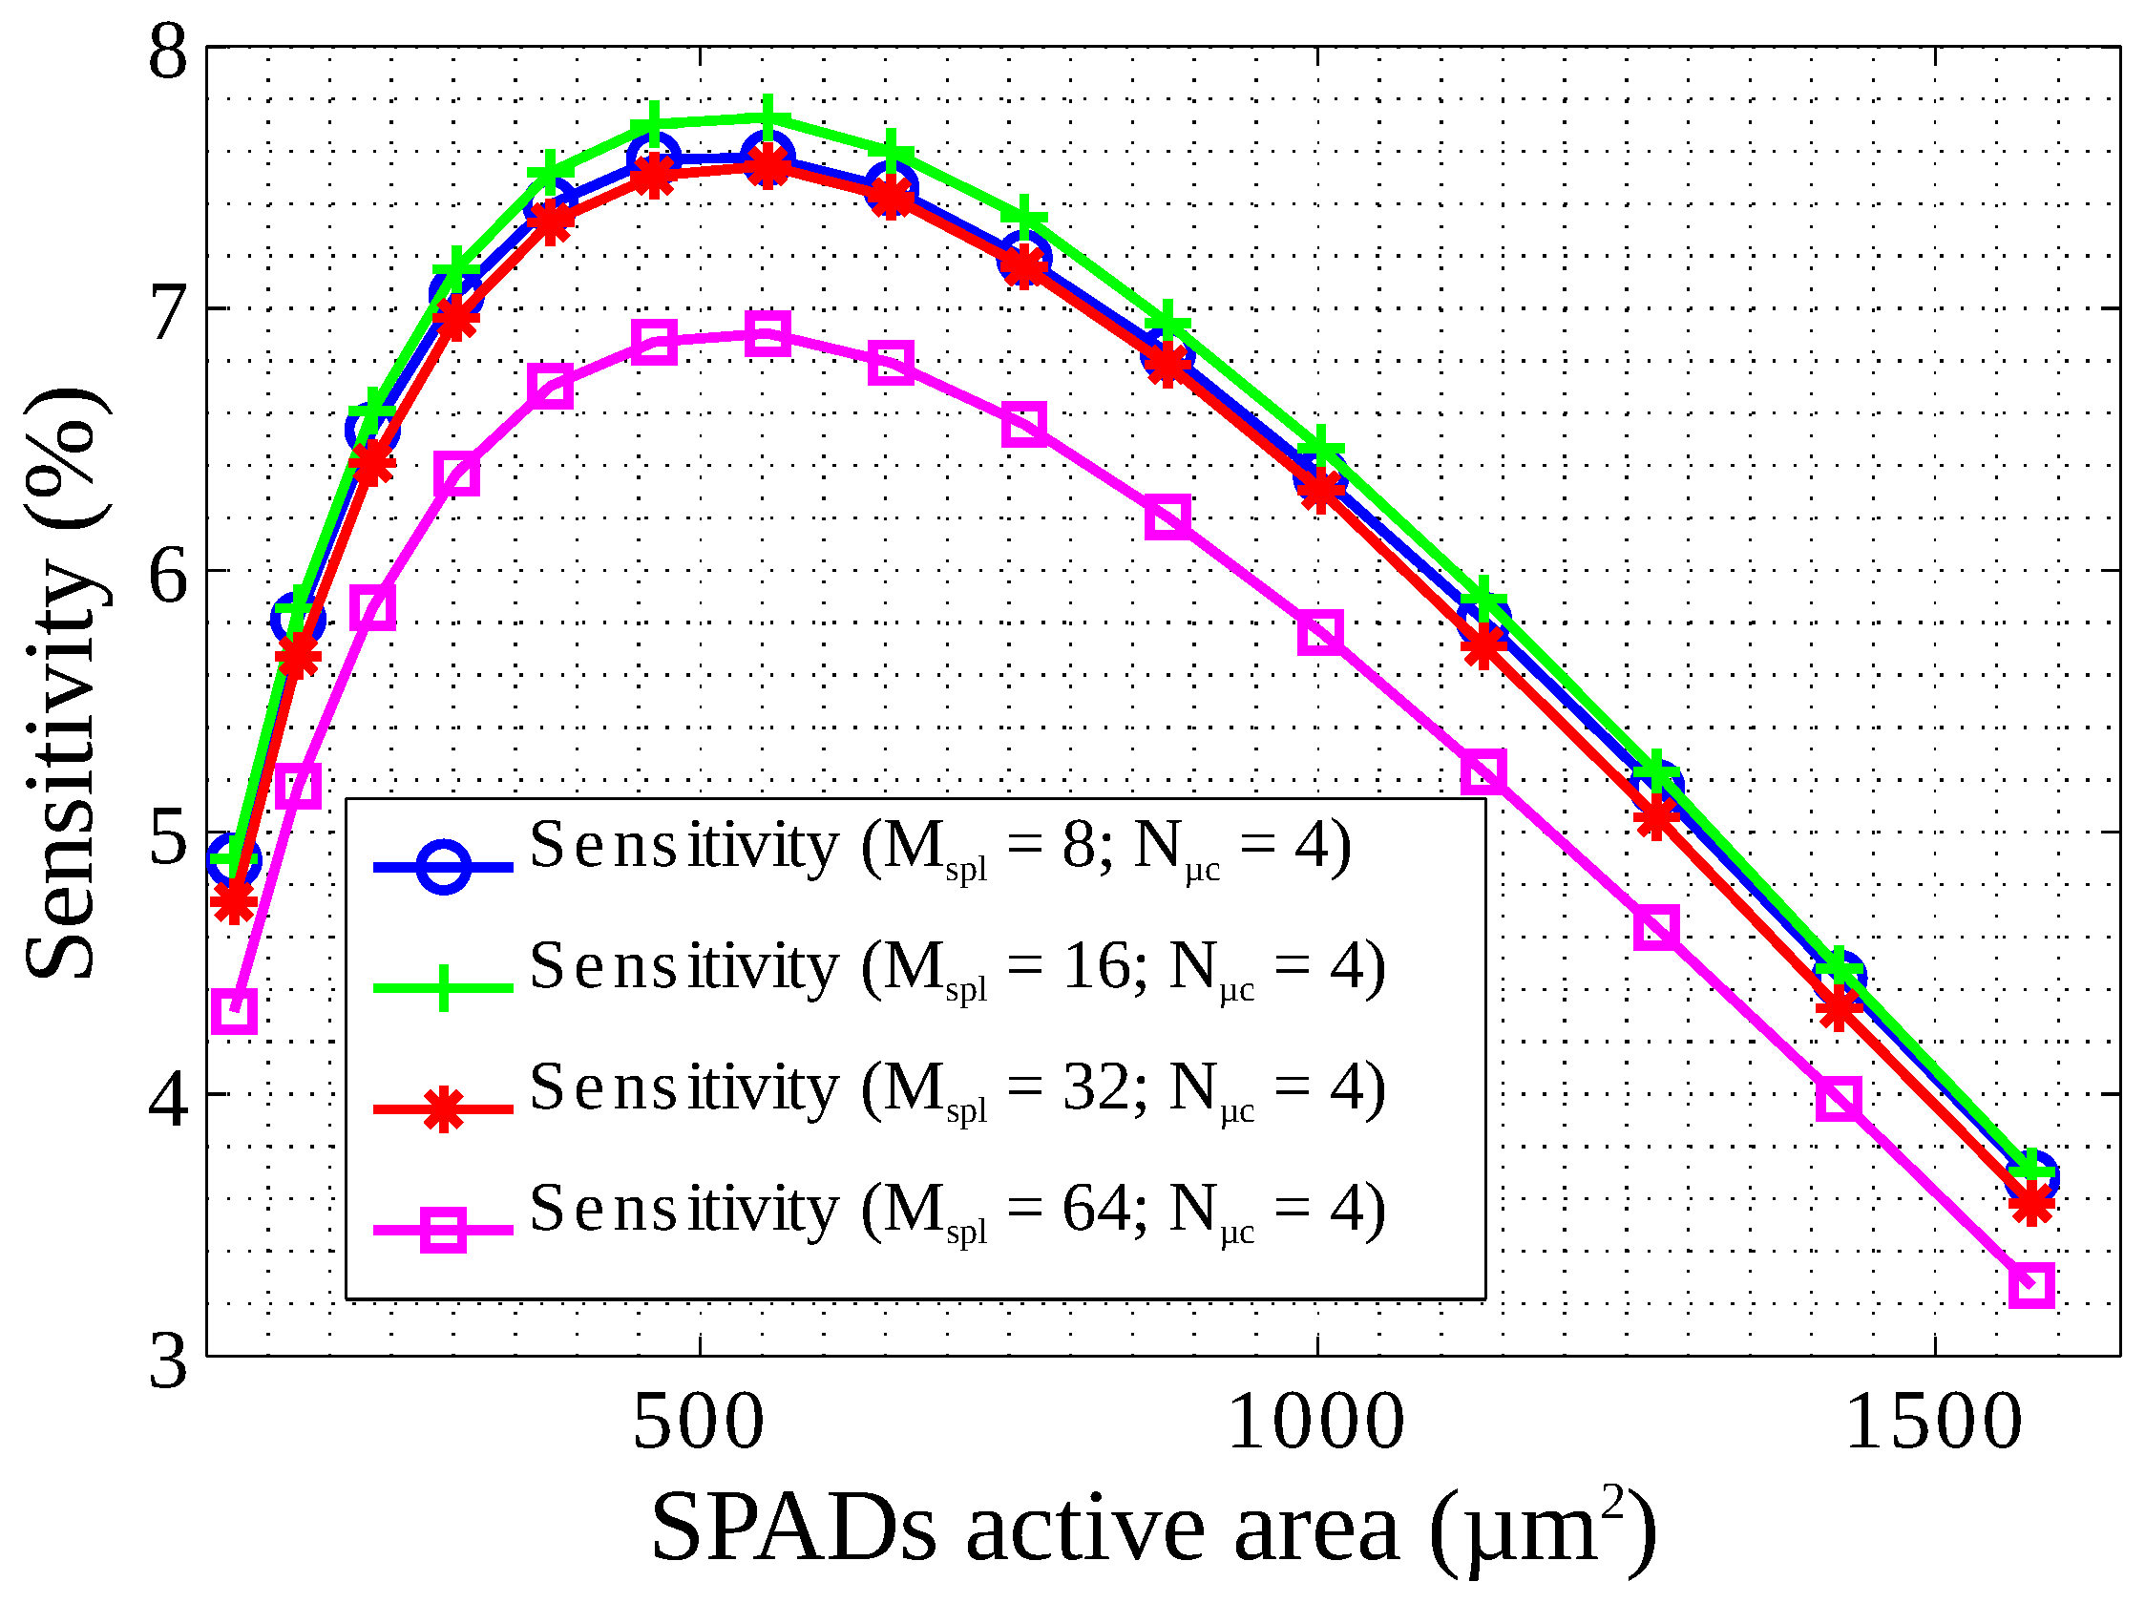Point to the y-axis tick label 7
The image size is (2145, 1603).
click(x=168, y=312)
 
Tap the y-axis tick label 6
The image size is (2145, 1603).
click(x=168, y=574)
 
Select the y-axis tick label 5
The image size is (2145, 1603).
click(x=168, y=836)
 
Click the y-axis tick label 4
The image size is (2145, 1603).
click(x=168, y=1098)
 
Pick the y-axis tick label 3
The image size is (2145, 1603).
click(x=168, y=1361)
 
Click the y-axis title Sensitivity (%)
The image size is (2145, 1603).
click(x=63, y=684)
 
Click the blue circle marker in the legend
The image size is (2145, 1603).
click(x=443, y=866)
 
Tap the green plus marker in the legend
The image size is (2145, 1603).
click(x=443, y=987)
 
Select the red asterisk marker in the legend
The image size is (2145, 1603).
click(x=443, y=1108)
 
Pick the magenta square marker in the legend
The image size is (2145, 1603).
click(x=443, y=1230)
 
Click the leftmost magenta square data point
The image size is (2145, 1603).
click(x=234, y=1011)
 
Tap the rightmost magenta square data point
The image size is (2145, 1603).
click(x=2031, y=1285)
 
